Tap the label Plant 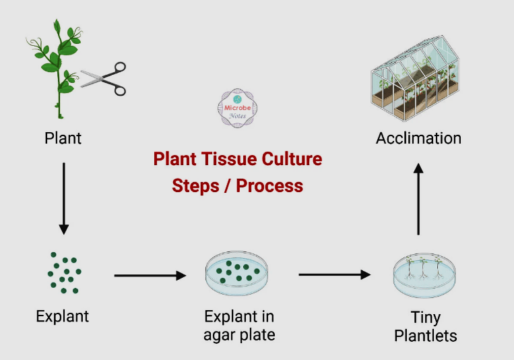tap(63, 138)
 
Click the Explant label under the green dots tap(63, 316)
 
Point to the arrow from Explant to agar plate tap(150, 275)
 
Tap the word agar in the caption tap(221, 334)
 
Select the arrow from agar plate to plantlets tap(334, 274)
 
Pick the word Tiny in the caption tap(426, 317)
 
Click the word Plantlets tap(426, 335)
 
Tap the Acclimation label tap(418, 138)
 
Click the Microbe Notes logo tap(238, 108)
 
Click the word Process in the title tap(269, 185)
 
